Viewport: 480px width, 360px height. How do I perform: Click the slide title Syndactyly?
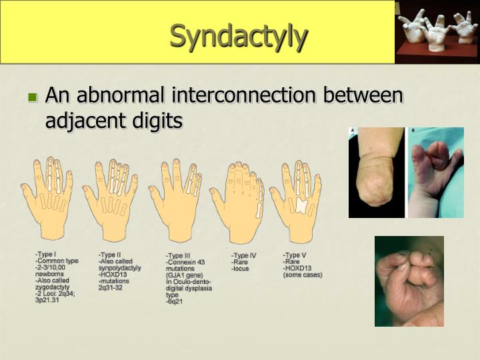tap(239, 36)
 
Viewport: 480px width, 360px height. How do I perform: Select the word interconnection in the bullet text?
tap(245, 96)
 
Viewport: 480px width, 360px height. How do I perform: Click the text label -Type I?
tap(46, 254)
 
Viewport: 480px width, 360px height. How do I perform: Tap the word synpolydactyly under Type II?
tap(120, 267)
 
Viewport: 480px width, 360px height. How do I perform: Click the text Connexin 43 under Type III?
tap(187, 261)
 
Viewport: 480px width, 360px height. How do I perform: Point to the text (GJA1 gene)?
tap(185, 275)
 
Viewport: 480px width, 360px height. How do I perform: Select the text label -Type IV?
tap(244, 255)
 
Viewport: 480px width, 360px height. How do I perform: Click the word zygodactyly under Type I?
tap(53, 287)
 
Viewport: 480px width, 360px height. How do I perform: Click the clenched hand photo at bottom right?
tap(409, 281)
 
